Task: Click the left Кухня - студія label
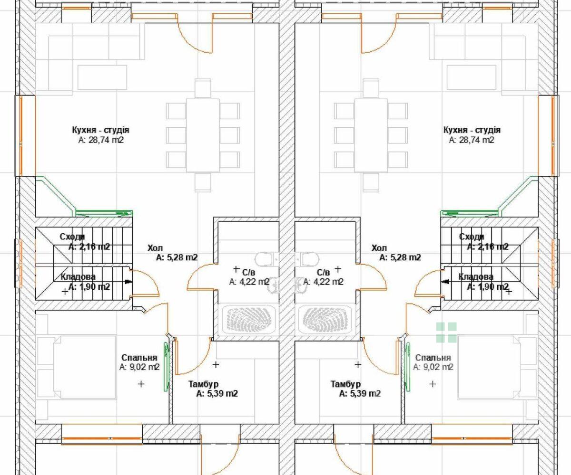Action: click(x=100, y=130)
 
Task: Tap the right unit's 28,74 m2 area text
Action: click(x=472, y=140)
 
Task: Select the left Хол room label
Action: click(x=155, y=248)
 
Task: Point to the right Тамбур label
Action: click(x=345, y=384)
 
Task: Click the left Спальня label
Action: click(x=139, y=358)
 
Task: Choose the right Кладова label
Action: click(x=476, y=277)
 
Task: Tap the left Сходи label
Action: click(x=72, y=237)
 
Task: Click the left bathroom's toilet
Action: click(x=264, y=259)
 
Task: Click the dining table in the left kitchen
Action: click(x=203, y=135)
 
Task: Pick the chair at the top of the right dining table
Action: click(x=371, y=88)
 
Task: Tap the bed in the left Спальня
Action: click(x=77, y=367)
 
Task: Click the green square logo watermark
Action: click(x=446, y=332)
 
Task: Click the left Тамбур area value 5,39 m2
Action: click(x=217, y=393)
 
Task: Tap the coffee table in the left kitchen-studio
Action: click(x=102, y=77)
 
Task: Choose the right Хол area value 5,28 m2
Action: click(x=400, y=257)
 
